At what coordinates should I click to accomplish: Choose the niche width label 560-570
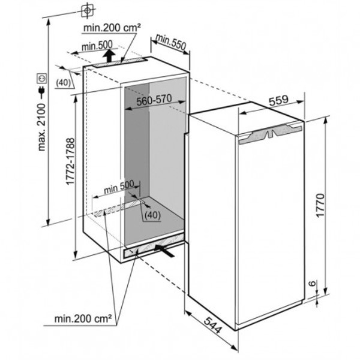[154, 101]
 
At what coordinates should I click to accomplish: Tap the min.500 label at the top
[97, 46]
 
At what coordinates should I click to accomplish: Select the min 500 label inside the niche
[118, 187]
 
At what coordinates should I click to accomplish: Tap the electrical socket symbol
[41, 78]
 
